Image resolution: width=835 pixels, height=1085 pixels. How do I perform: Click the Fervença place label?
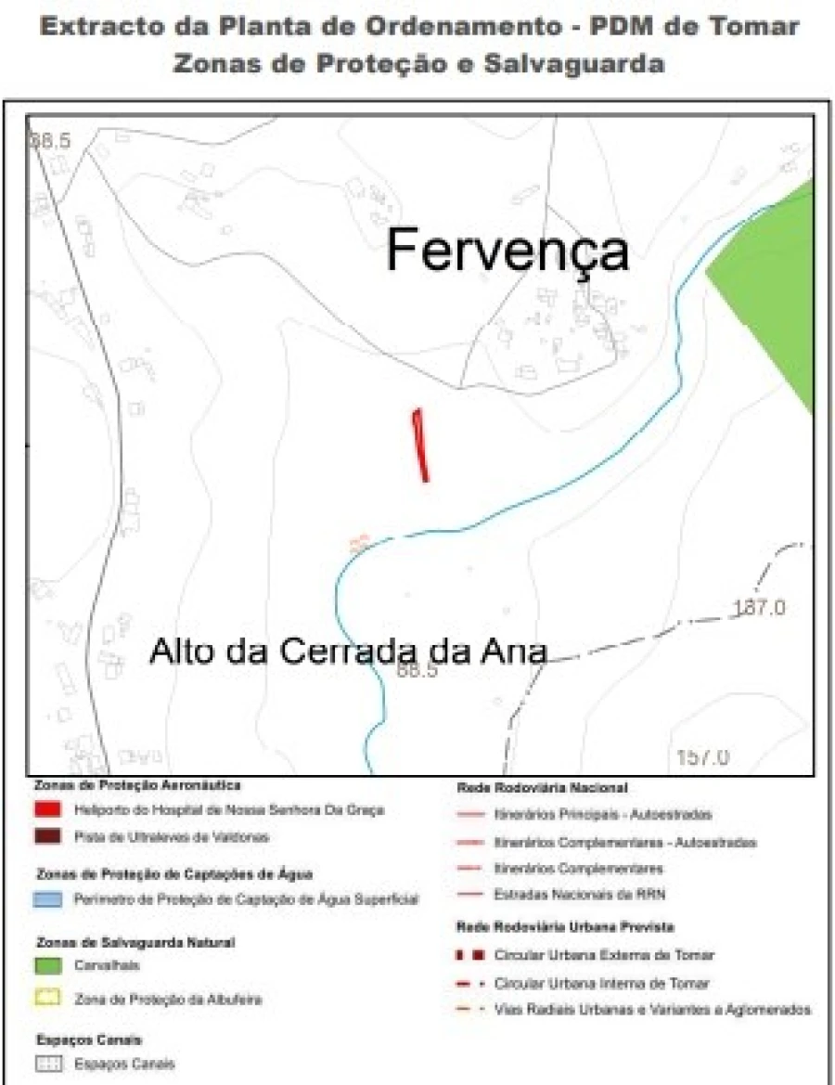click(x=507, y=251)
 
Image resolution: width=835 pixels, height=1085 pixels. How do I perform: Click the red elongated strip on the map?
click(x=421, y=446)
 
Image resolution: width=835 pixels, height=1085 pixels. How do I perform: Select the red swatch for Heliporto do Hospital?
click(x=48, y=809)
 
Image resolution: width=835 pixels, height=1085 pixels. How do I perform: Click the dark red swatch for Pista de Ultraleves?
click(x=48, y=836)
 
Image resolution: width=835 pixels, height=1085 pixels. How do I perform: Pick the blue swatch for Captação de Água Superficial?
click(x=48, y=898)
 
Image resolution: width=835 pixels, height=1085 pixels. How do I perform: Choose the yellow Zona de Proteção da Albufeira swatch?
click(x=48, y=1000)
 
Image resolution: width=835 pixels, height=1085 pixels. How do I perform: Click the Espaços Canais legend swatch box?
click(x=48, y=1064)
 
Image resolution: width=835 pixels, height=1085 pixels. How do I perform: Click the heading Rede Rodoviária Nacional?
click(x=542, y=787)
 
